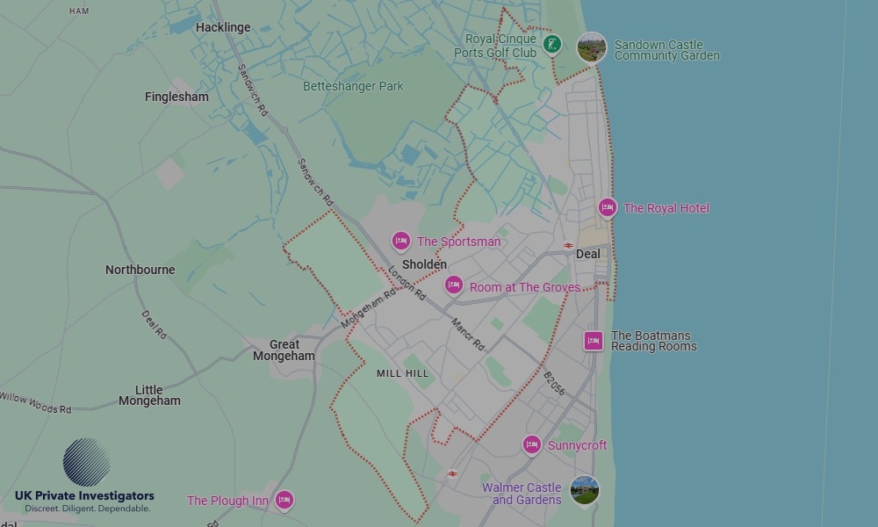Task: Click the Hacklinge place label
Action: click(x=223, y=27)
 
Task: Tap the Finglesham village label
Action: click(x=176, y=97)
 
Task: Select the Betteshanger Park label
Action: click(x=353, y=86)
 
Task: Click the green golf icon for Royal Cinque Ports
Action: click(x=551, y=44)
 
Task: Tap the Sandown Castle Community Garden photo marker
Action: click(x=592, y=47)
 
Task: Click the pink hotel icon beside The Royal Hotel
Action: click(x=608, y=208)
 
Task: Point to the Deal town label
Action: click(x=588, y=254)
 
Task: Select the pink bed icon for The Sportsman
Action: click(x=401, y=242)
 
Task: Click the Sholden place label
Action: click(x=424, y=264)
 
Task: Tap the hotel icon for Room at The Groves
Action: click(x=454, y=285)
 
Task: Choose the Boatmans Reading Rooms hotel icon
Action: click(x=594, y=341)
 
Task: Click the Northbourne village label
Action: click(x=140, y=270)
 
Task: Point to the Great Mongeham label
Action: click(x=284, y=350)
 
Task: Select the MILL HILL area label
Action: click(x=402, y=373)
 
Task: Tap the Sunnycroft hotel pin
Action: click(x=531, y=445)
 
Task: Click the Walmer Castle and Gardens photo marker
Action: click(x=584, y=491)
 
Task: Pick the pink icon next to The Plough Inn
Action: click(x=284, y=501)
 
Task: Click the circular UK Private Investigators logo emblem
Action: click(x=87, y=462)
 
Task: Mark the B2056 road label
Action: click(x=554, y=384)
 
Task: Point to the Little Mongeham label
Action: click(x=149, y=395)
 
